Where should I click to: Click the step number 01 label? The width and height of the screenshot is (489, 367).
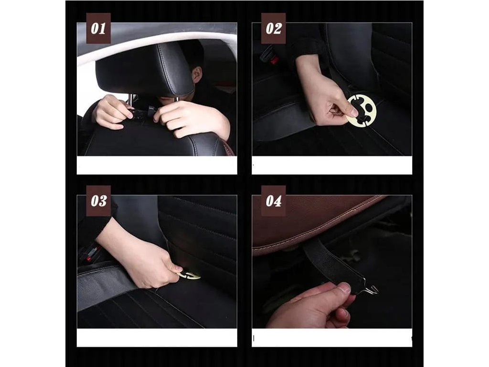click(98, 28)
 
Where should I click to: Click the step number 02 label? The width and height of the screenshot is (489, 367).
click(273, 28)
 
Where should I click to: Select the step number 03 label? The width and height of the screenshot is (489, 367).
click(98, 201)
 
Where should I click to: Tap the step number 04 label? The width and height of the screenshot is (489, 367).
click(273, 201)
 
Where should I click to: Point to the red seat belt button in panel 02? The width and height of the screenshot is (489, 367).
click(274, 61)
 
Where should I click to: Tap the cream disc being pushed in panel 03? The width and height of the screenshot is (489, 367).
click(189, 275)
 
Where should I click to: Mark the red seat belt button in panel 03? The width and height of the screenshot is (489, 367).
click(89, 259)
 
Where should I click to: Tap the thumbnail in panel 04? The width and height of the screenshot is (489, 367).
click(345, 288)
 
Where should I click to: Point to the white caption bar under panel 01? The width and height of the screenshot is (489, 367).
click(157, 165)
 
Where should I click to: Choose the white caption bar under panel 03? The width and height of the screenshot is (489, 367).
click(157, 337)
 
